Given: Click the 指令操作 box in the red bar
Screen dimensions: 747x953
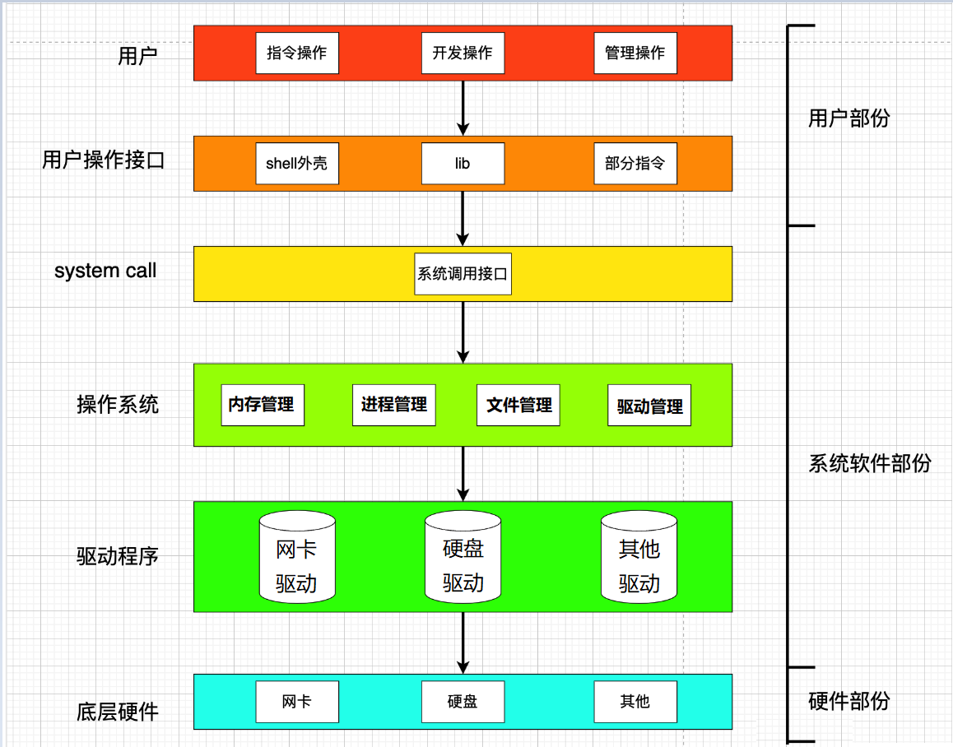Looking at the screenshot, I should (x=297, y=53).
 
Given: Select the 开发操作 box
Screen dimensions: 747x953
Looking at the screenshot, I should (x=463, y=53).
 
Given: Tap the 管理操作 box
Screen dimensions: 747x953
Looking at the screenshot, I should (x=635, y=53).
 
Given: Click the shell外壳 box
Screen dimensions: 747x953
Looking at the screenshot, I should (x=297, y=164).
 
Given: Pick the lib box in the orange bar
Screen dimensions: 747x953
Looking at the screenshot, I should (x=463, y=164).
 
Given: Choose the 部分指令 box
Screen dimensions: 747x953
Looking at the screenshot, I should (x=635, y=164).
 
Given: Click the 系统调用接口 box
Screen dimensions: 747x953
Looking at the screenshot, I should (x=463, y=274).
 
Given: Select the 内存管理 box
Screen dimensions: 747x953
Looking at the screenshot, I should (x=263, y=405).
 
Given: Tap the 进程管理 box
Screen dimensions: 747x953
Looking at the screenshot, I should (x=394, y=405).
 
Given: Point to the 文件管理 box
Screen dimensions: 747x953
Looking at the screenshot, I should (x=518, y=405).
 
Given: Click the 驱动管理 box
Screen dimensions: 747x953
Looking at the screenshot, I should (x=649, y=406).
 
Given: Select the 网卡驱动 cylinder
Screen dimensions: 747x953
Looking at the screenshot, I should (x=297, y=557).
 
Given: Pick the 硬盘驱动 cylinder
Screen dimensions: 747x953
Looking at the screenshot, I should (x=463, y=557).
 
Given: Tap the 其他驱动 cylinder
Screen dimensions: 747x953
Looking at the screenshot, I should (x=639, y=557).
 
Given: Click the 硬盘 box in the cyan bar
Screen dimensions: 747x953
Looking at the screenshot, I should (x=463, y=702).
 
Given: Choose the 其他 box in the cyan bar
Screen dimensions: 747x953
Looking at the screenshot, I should (x=635, y=702).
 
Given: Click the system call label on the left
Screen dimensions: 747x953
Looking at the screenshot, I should (x=105, y=271).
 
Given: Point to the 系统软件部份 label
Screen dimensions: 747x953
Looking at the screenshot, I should (x=870, y=463).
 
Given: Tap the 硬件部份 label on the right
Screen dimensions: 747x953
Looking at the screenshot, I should (x=849, y=702).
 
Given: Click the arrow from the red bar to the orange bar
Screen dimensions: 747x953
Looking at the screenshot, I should (x=463, y=108).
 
